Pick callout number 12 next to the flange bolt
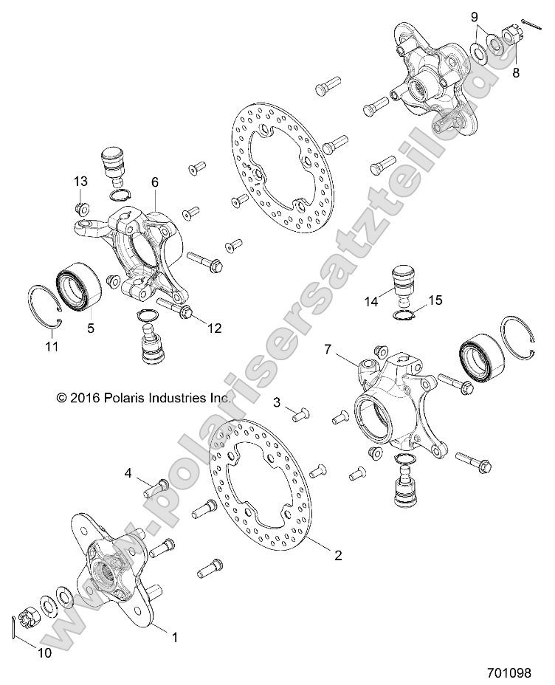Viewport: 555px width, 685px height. (x=214, y=328)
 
